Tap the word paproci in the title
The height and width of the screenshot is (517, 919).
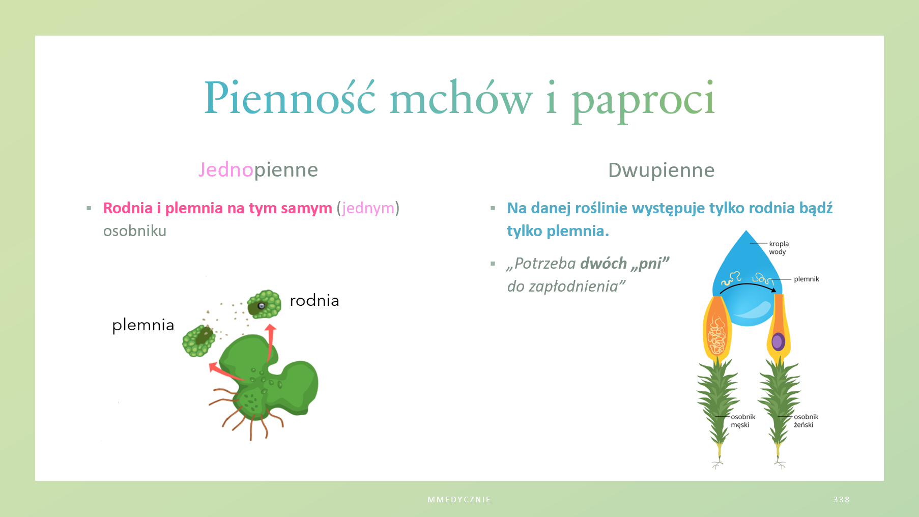pos(644,101)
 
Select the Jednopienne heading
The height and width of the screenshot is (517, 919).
pos(258,170)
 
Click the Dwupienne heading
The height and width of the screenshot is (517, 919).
pos(661,170)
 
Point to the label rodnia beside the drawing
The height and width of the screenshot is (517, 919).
pos(314,300)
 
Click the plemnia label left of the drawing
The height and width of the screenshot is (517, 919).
pos(143,325)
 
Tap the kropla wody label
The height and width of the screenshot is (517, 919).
pos(779,248)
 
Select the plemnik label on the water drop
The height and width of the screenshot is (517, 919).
pos(807,279)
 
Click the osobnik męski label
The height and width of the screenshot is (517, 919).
pos(743,421)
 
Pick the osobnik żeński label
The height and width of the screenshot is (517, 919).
pos(806,421)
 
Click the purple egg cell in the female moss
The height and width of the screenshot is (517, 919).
pos(778,341)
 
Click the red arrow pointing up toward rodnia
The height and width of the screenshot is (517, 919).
pos(270,342)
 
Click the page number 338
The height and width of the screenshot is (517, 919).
pos(842,500)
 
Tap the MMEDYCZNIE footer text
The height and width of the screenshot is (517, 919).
pos(459,500)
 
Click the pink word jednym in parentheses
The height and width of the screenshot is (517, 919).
pos(368,208)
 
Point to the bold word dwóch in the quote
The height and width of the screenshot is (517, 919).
pos(604,264)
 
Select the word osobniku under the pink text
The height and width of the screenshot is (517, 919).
pos(135,231)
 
